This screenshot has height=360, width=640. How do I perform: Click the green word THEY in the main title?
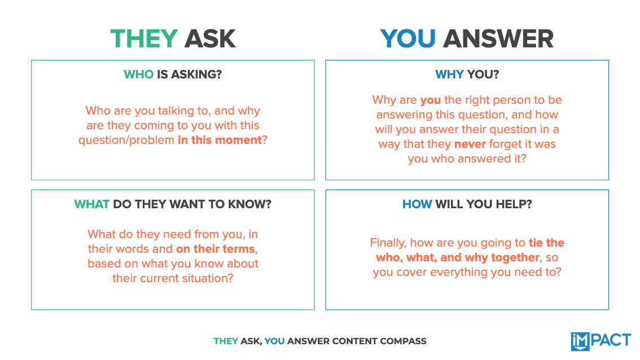[x=144, y=39]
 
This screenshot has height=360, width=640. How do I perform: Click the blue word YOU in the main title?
[x=407, y=39]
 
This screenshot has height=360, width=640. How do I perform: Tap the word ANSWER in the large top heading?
[x=498, y=39]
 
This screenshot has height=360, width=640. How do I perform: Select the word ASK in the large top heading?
[x=210, y=39]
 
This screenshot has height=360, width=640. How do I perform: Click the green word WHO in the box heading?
[x=138, y=74]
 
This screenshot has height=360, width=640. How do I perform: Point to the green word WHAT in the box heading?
[x=91, y=204]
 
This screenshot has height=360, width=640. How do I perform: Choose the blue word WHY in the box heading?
[x=449, y=74]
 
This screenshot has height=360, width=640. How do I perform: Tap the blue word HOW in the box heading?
[x=417, y=204]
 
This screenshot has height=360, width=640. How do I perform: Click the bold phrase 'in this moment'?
[x=220, y=140]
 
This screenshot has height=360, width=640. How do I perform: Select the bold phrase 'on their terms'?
[x=216, y=249]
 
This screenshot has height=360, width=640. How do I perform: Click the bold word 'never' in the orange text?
[x=470, y=144]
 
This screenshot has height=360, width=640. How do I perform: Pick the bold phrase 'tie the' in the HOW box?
[x=546, y=243]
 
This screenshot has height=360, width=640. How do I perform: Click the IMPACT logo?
[x=600, y=341]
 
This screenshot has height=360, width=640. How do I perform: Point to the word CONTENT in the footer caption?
[x=357, y=341]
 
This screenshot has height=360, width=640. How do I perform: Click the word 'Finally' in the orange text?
[x=388, y=243]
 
